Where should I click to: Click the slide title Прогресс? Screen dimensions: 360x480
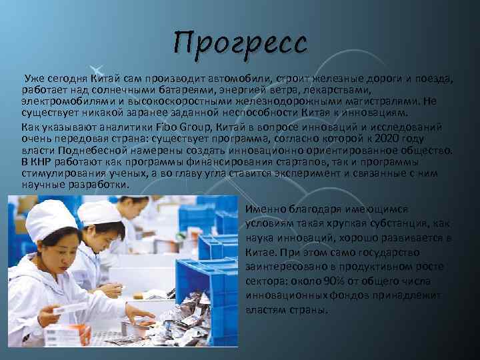(x=241, y=43)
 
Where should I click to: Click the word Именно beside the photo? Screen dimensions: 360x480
(x=264, y=209)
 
